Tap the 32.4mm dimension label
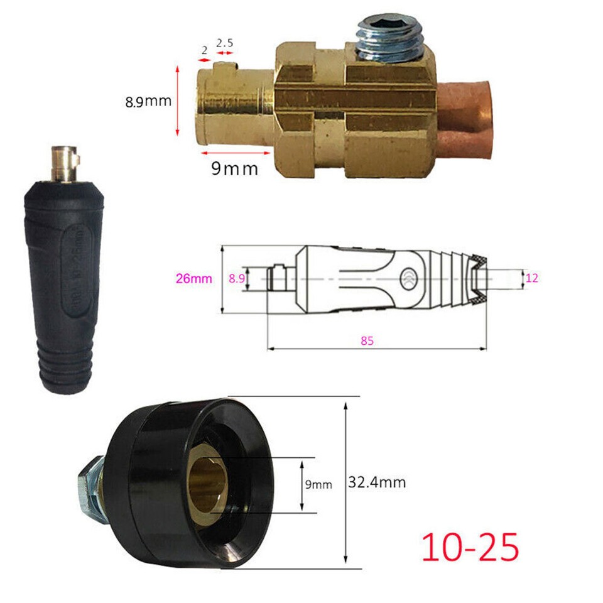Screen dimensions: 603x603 tap(376, 482)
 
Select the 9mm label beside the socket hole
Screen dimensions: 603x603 tap(318, 484)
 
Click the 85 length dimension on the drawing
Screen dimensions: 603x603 tap(367, 341)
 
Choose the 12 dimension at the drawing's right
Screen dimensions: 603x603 tap(531, 278)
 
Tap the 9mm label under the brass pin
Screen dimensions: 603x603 tap(234, 168)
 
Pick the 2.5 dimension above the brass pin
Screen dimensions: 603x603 tap(225, 44)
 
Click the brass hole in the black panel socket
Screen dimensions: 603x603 tap(208, 485)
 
